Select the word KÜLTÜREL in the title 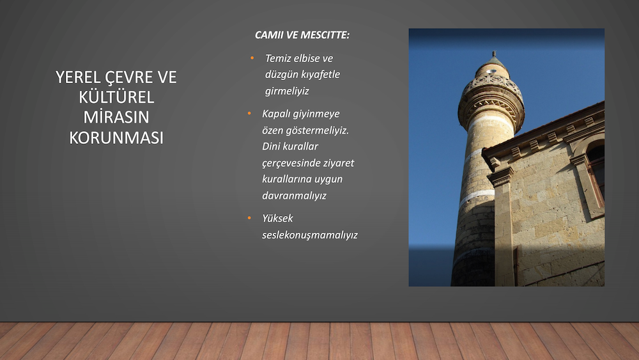[x=116, y=97]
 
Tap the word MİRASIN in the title [x=116, y=117]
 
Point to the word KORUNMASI [x=116, y=138]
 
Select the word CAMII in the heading [x=269, y=35]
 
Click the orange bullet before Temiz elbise [x=252, y=58]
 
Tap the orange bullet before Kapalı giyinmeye [x=249, y=113]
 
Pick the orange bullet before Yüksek [x=249, y=217]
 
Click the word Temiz [x=279, y=58]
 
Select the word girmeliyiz [x=287, y=91]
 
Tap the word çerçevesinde [x=291, y=163]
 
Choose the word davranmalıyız [x=294, y=196]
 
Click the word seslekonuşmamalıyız [x=310, y=235]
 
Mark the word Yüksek [x=277, y=218]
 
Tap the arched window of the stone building [x=596, y=171]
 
